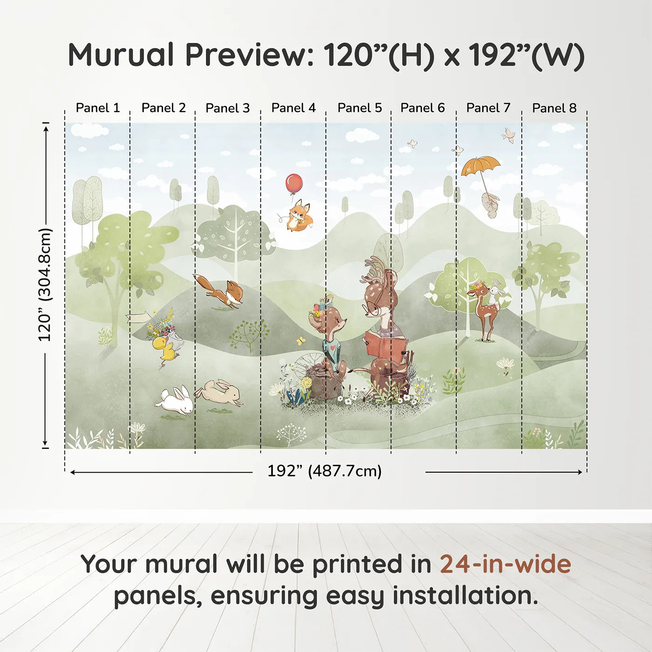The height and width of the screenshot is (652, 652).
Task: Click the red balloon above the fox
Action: tap(294, 183)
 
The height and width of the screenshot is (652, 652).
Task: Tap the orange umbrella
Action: tap(481, 166)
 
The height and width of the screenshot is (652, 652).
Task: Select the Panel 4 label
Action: tap(293, 108)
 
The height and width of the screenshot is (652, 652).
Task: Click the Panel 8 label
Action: tap(554, 108)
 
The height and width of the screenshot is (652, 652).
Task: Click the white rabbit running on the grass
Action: tap(176, 401)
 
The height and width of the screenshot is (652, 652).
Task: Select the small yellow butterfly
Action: tap(301, 341)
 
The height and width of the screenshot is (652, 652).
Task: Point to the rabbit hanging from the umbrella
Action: tap(490, 204)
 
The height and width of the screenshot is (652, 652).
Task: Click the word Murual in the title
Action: tap(121, 55)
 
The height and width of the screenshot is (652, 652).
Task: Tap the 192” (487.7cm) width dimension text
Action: tap(324, 471)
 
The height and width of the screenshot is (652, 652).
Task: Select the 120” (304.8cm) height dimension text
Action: tap(45, 285)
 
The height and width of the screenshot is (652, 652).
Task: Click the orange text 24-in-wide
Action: tap(505, 564)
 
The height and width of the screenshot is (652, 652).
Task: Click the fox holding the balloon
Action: tap(299, 216)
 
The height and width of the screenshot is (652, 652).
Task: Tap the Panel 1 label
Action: tap(98, 108)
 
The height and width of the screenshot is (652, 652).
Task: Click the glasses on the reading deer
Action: tap(371, 308)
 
